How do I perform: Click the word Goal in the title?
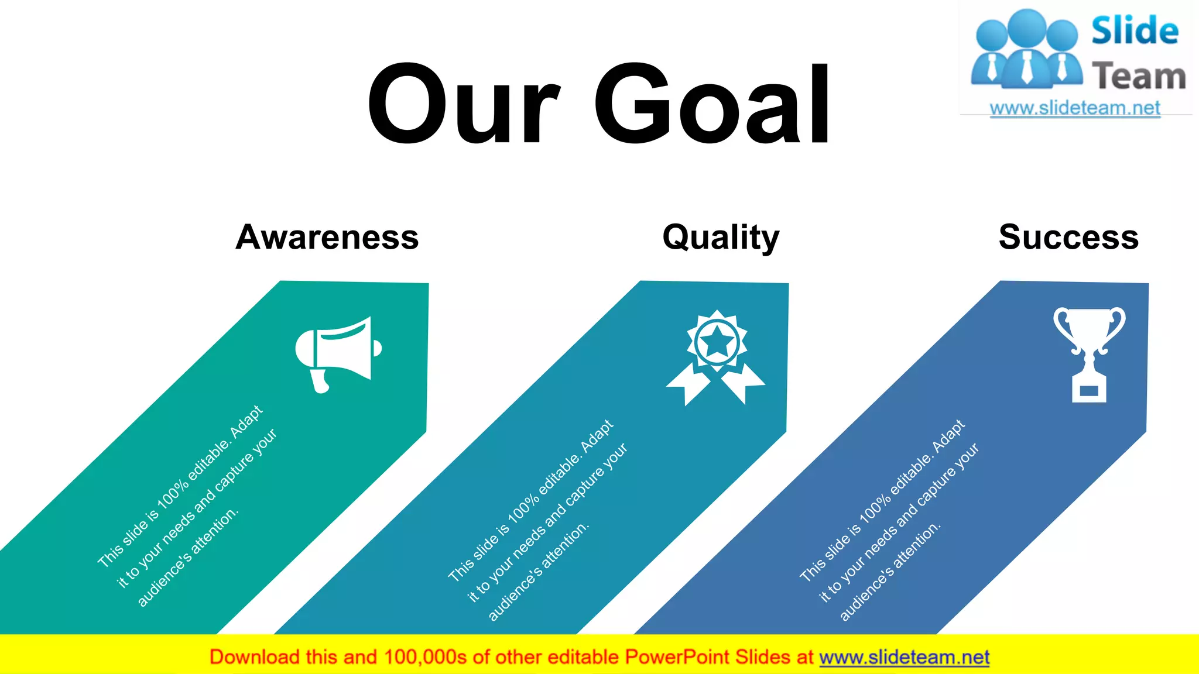coord(712,104)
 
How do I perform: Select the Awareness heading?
coord(327,237)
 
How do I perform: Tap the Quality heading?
coord(721,238)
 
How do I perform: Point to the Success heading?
coord(1068,237)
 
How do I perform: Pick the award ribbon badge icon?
coord(715,357)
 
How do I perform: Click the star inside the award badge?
coord(717,342)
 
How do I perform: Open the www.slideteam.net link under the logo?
coord(1075,108)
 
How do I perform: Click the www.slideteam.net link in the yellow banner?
coord(904,657)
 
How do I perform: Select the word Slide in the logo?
coord(1135,31)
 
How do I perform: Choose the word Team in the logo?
coord(1139,76)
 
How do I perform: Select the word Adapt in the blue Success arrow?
coord(948,435)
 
